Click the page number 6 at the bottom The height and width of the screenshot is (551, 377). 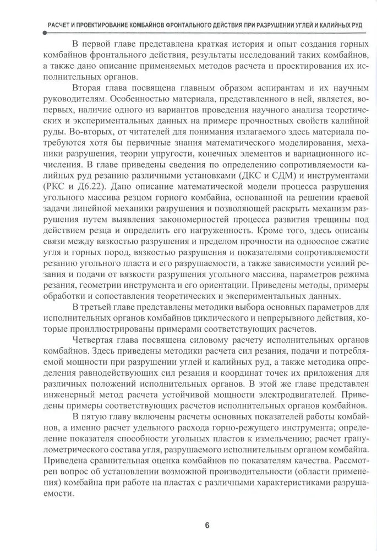pos(207,525)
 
